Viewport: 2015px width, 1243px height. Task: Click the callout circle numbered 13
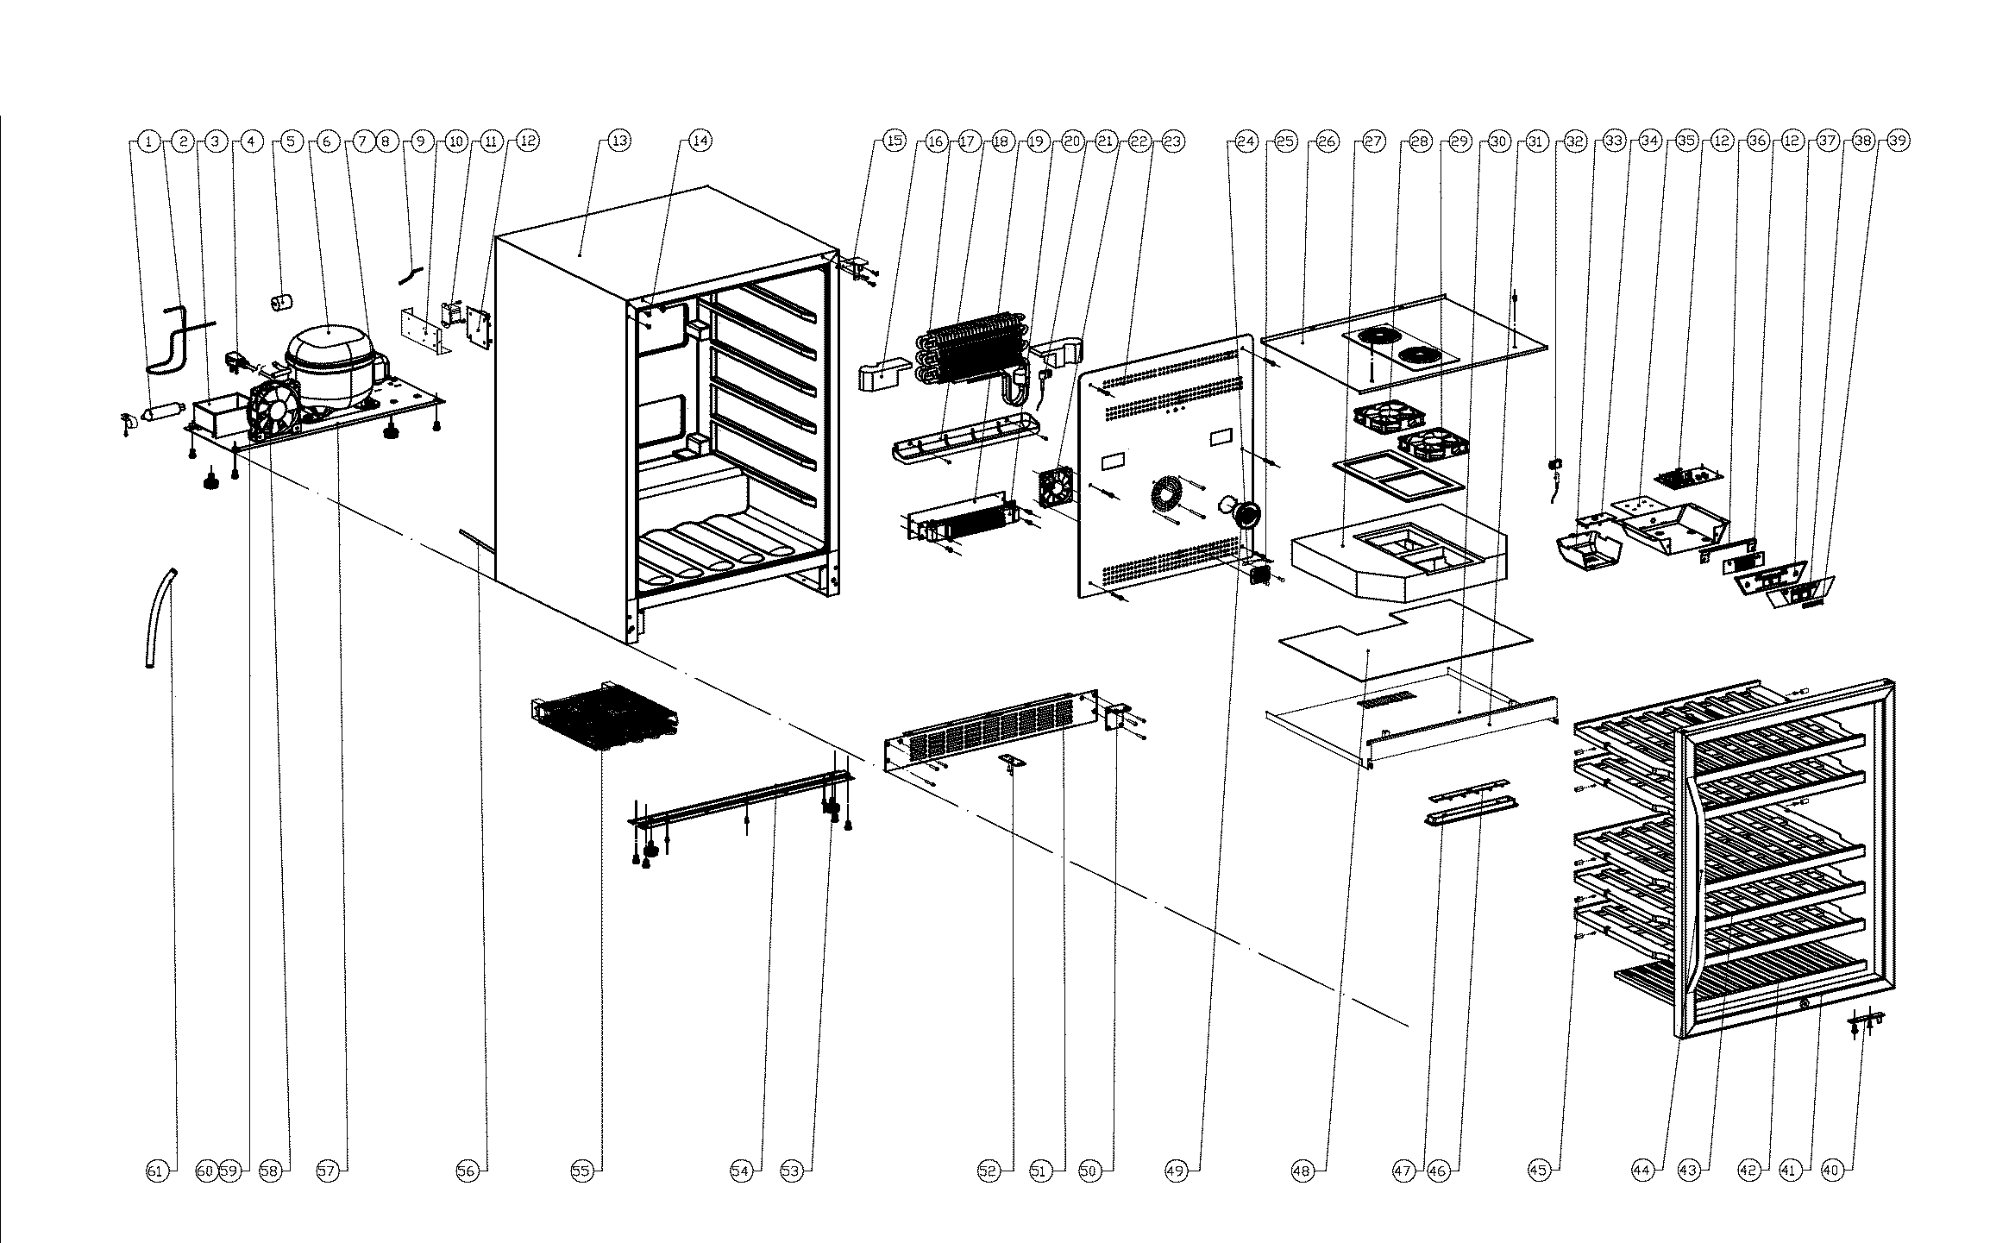tap(619, 141)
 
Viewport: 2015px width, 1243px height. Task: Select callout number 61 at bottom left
tap(155, 1171)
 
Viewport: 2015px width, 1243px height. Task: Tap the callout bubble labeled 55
tap(581, 1171)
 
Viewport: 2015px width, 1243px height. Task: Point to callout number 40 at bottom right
tap(1831, 1171)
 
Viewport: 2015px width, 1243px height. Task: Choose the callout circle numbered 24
tap(1246, 141)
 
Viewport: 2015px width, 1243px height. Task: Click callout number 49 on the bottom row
tap(1176, 1171)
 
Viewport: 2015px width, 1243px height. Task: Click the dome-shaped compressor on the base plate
tap(330, 362)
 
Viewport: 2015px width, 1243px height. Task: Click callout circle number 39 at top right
tap(1898, 141)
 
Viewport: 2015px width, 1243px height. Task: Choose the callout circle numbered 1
tap(148, 141)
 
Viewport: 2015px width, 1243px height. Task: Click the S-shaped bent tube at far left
tap(173, 341)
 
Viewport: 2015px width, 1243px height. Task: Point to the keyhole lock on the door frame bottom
tap(1804, 1003)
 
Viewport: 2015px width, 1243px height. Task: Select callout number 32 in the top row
tap(1575, 141)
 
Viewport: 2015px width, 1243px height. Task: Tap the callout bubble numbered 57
tap(326, 1171)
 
